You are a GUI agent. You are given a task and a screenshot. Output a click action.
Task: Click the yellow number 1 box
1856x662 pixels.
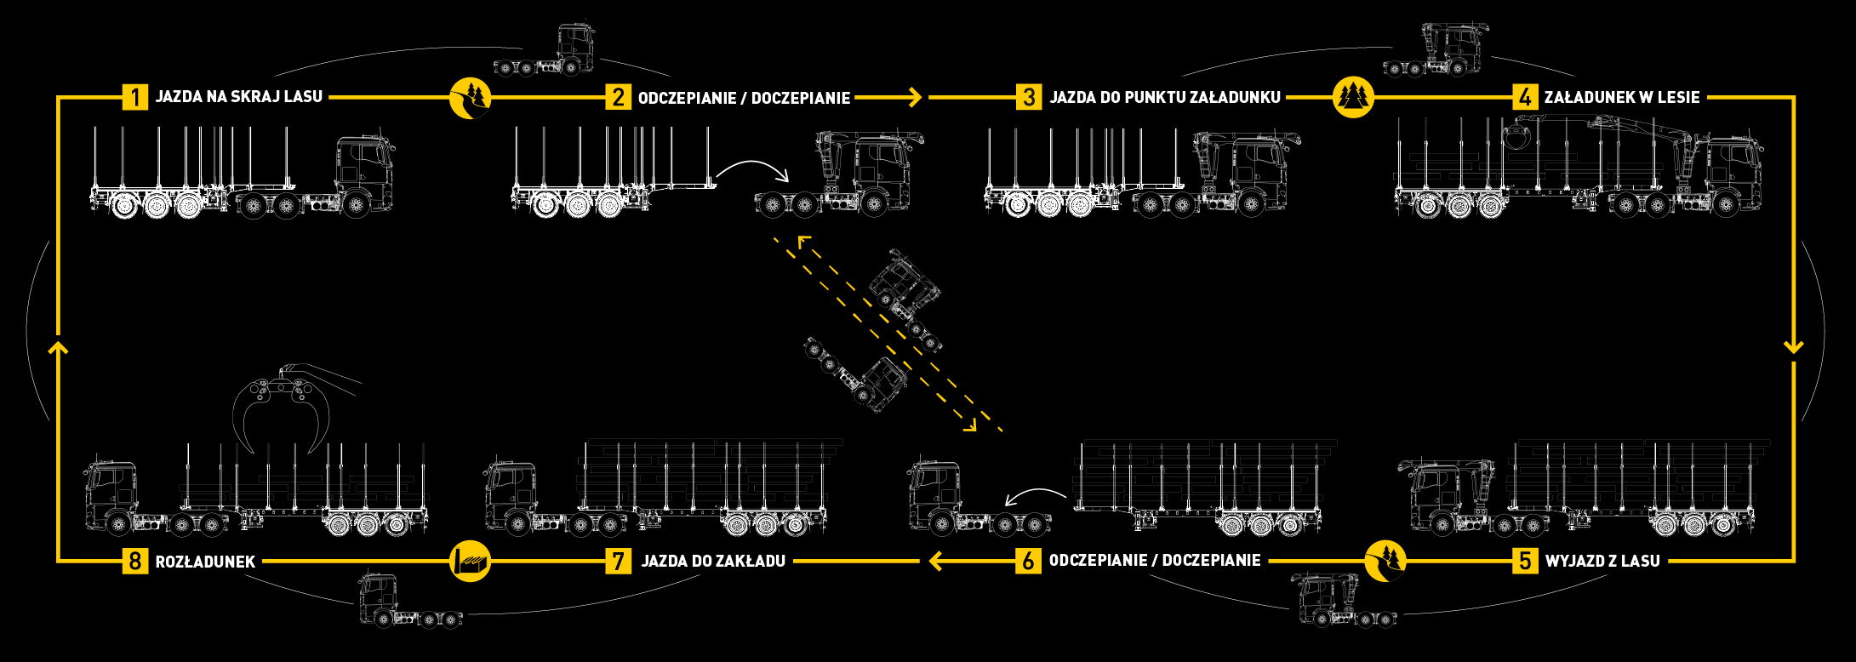point(134,97)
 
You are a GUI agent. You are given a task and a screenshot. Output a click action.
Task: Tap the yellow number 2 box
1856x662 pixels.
point(618,97)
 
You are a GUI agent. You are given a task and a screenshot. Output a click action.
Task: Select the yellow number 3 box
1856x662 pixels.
point(1029,97)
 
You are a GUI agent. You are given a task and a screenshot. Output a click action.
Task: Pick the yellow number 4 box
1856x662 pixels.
point(1524,97)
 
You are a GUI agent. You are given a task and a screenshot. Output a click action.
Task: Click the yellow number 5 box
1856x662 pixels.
point(1524,561)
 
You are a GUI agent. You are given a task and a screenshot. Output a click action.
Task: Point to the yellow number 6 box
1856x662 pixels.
point(1029,561)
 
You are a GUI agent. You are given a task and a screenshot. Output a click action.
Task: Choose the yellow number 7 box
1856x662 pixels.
point(618,561)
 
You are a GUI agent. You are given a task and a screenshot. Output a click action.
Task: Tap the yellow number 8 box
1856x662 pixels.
point(134,561)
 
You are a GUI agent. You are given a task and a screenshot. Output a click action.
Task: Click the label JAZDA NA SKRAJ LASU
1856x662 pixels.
point(238,97)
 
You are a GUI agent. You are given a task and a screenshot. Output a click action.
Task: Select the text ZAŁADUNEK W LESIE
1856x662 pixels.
point(1623,97)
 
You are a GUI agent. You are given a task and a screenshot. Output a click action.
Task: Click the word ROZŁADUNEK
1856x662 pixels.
point(205,562)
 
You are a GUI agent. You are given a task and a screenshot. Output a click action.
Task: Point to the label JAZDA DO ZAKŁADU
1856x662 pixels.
point(713,562)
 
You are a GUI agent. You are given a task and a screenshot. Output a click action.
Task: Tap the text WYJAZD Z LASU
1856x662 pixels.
point(1602,562)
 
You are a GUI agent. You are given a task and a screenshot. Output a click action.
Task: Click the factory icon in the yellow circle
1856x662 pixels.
point(471,561)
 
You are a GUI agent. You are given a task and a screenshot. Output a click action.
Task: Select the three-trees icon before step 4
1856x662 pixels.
point(1354,97)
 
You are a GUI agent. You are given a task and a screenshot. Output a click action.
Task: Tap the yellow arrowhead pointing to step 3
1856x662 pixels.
point(916,97)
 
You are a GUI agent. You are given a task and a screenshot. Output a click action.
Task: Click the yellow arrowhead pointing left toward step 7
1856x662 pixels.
point(934,561)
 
